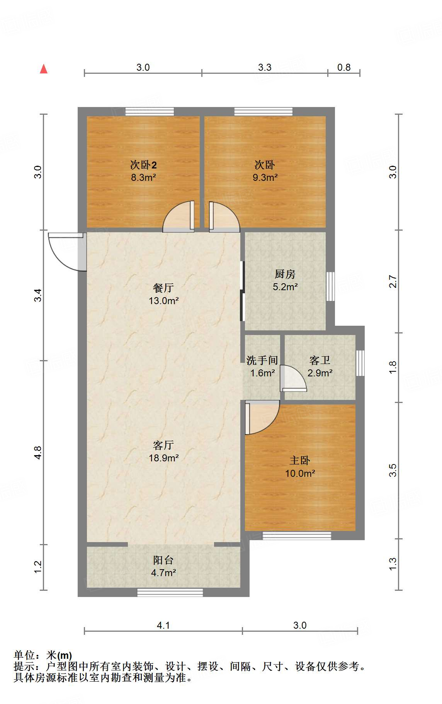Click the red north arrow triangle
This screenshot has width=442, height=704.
pos(44,69)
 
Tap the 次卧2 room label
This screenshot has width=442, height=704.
pos(143,165)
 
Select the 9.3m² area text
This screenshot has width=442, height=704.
pos(265,177)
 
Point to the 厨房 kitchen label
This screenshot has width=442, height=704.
pos(285,274)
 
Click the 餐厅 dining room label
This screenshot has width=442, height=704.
pos(163,288)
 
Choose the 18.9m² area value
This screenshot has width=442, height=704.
pos(163,458)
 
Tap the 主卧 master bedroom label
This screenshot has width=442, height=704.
pos(300,461)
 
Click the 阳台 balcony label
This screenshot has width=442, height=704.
pos(163,560)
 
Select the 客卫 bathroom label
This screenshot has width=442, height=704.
pos(320,361)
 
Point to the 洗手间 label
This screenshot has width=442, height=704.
pos(262,361)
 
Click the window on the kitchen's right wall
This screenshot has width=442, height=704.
pos(330,286)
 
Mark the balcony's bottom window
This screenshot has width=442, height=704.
pos(170,592)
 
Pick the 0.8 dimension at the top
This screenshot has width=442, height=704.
pos(344,68)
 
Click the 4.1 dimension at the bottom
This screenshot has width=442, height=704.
pos(163,626)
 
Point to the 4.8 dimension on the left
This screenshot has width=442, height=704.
pos(37,452)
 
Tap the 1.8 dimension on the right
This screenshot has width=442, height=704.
pos(393,367)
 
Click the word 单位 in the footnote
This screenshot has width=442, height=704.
pos(24,655)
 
